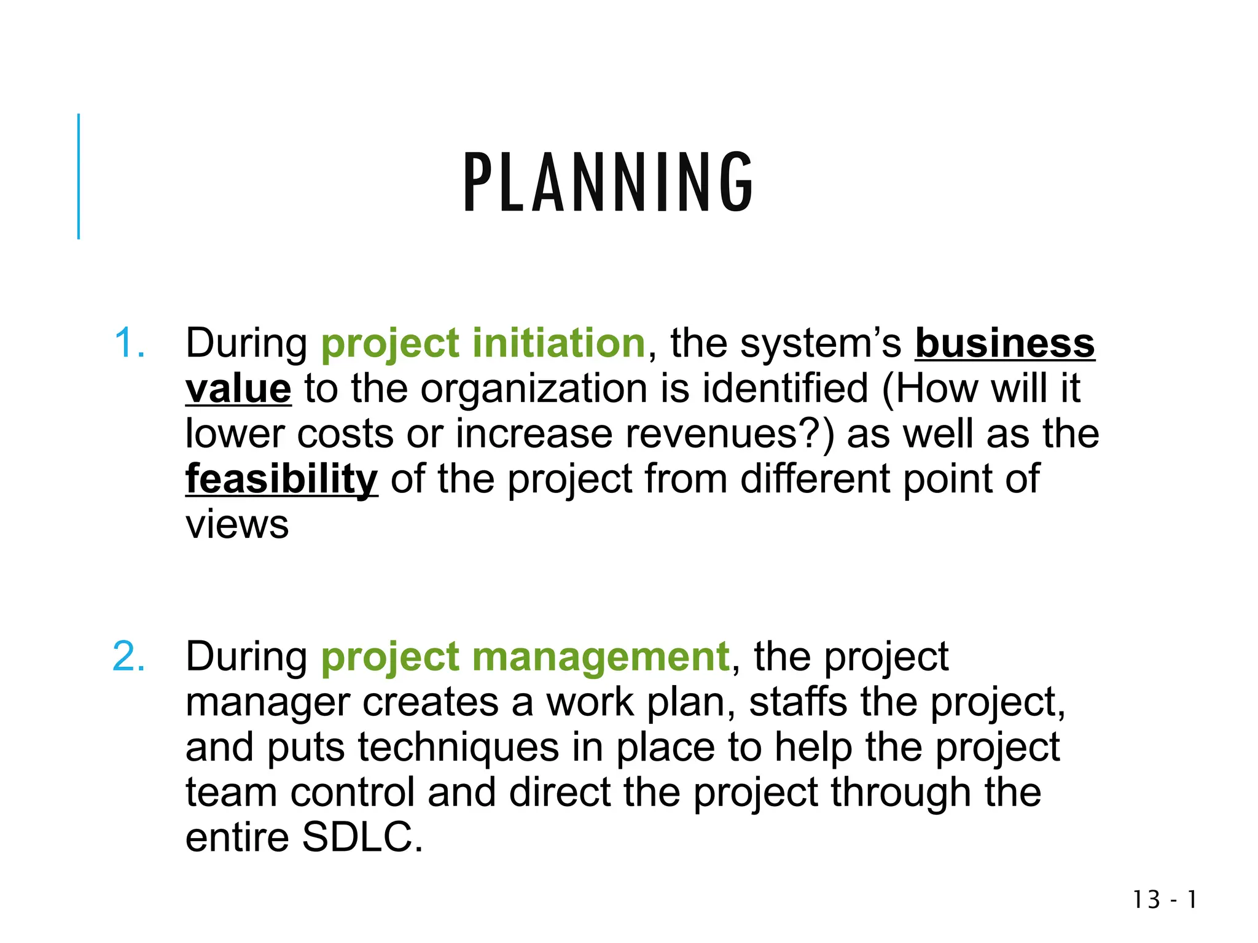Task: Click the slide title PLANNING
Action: [x=608, y=182]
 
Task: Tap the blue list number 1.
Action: [x=130, y=343]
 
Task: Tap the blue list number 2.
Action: [x=130, y=656]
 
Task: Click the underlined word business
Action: [x=1005, y=343]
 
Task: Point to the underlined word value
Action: [x=238, y=389]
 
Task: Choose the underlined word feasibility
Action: [x=281, y=479]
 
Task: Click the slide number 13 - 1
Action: [x=1165, y=900]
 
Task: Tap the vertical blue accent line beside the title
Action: [x=79, y=176]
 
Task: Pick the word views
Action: [x=237, y=525]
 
